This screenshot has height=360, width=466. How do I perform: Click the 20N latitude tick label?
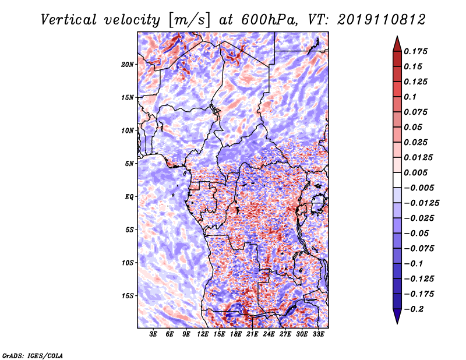(128, 65)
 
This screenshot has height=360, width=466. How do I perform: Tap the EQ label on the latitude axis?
(129, 197)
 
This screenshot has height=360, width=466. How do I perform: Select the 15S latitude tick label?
(128, 296)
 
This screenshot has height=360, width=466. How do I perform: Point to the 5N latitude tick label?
(129, 164)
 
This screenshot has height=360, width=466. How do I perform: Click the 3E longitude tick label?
(153, 334)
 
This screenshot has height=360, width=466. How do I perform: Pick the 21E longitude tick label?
(252, 334)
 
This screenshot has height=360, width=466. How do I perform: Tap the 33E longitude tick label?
(318, 334)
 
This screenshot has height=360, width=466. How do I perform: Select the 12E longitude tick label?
(203, 334)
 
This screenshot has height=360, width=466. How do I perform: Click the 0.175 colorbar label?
(415, 51)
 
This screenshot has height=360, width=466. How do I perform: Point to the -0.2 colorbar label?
(414, 309)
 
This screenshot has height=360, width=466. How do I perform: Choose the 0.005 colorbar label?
(415, 172)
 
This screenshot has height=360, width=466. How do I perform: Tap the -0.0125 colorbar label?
(421, 203)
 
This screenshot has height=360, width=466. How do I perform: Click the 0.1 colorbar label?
(410, 97)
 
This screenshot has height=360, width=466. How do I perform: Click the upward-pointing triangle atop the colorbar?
(397, 44)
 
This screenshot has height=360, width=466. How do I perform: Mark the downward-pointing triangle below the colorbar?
(397, 316)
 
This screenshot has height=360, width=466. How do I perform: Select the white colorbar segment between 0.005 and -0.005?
(397, 180)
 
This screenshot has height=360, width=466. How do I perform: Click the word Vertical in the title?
(69, 20)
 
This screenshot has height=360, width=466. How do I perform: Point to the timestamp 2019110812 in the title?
(382, 20)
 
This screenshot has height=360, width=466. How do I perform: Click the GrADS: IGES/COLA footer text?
(33, 356)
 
